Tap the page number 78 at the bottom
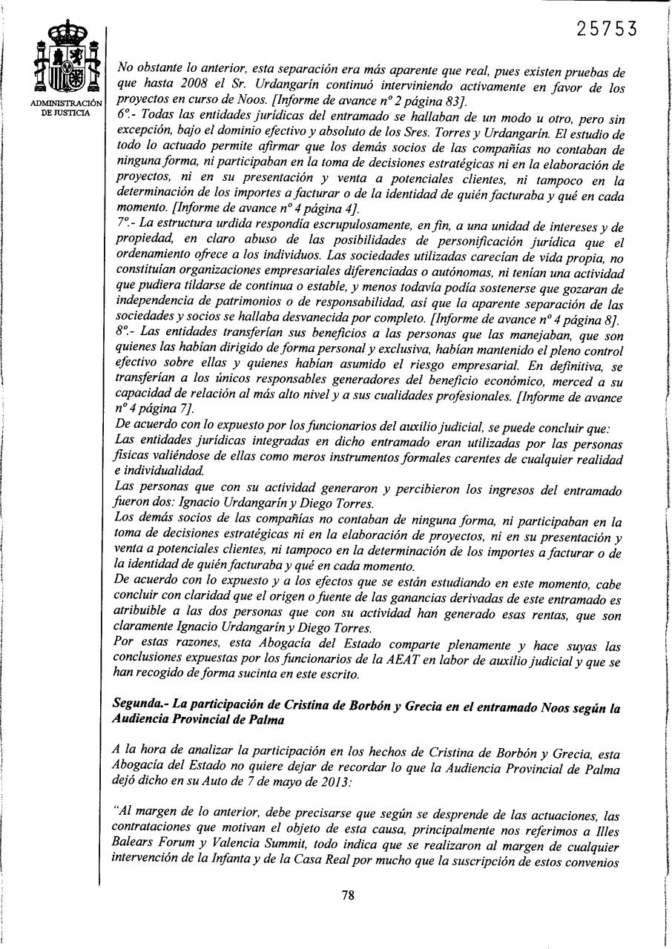[348, 894]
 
